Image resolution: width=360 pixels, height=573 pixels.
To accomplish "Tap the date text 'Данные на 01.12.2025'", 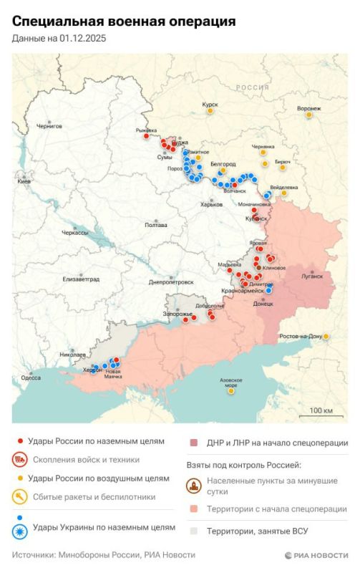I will pos(59,39).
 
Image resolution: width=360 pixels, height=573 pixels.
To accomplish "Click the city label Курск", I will pos(210,105).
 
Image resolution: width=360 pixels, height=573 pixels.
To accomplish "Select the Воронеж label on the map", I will pos(308,108).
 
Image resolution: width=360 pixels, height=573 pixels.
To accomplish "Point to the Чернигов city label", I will pos(49,126).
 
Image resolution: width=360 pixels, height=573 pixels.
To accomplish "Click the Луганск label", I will pos(313,275).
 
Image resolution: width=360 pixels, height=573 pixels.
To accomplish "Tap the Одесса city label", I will pos(31,377).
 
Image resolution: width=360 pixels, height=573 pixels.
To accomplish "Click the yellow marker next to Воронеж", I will pos(309,115).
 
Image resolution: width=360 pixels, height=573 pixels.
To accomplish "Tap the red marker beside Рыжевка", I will pos(146,135).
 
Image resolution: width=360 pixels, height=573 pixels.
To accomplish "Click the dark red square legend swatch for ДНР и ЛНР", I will pos(193,443).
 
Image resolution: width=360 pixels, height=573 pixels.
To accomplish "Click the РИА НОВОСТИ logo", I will pos(316,555).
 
